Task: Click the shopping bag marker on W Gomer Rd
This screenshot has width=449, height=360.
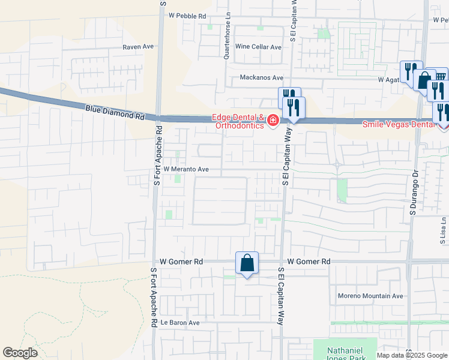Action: (x=247, y=263)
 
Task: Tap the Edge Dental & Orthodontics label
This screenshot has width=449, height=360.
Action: (x=237, y=121)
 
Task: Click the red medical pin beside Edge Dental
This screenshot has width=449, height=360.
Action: (x=273, y=121)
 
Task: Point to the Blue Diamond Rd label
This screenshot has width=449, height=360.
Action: (x=115, y=110)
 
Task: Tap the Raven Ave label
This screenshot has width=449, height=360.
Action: (x=139, y=47)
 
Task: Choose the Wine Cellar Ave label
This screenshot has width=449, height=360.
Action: (x=258, y=47)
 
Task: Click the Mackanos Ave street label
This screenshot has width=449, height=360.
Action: (x=261, y=77)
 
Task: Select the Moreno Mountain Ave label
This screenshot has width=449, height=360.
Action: (x=370, y=296)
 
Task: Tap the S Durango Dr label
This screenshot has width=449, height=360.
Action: (x=413, y=193)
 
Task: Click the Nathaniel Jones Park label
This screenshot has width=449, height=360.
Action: (x=345, y=355)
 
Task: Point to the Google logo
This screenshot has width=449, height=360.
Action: (x=20, y=353)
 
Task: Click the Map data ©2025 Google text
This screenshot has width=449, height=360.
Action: (x=412, y=355)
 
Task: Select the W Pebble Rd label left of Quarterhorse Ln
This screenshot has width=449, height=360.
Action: (x=187, y=16)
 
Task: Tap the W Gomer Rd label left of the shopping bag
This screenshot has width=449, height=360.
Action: (x=182, y=262)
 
